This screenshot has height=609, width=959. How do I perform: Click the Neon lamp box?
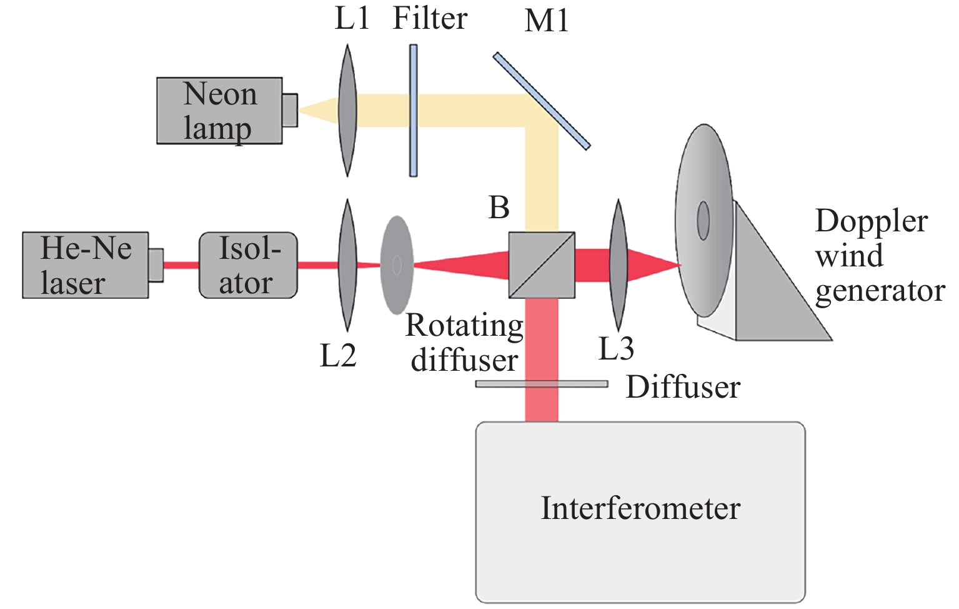coord(219,111)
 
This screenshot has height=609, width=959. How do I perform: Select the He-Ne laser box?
coord(86,265)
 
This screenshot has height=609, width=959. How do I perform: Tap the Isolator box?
coord(248,265)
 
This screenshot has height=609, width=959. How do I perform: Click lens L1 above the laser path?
coord(347,110)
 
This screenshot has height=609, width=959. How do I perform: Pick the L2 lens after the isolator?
coord(347,265)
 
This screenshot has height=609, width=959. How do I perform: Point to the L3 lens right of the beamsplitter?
coord(618,265)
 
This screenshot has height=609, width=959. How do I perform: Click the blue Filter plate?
coord(414,110)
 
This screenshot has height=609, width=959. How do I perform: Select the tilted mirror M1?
coord(541,101)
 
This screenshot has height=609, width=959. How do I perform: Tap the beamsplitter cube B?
coord(541,265)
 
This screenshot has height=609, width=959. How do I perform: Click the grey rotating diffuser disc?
coord(397,265)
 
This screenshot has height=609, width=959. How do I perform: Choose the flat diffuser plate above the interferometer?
coord(541,384)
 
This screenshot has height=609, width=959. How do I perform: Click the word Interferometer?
coord(640,508)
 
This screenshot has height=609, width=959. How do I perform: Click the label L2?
coord(338,356)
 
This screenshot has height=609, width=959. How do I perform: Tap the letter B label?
coord(499,208)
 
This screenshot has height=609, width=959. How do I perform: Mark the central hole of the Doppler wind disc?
coord(703,221)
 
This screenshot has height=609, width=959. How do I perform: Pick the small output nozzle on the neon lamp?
coord(290,111)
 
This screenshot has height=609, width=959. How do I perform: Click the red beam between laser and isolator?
coord(181,265)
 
